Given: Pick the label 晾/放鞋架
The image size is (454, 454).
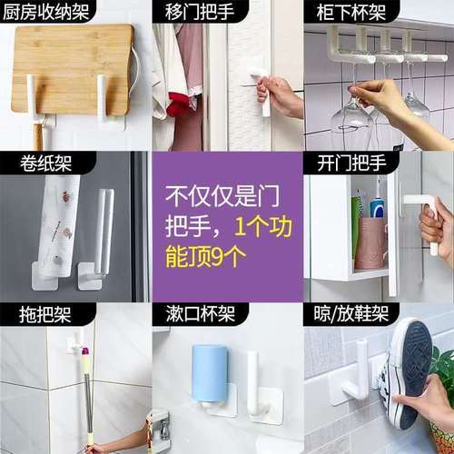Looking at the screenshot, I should pos(350,315).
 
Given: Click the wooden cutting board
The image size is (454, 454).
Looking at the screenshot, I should pos(73,68).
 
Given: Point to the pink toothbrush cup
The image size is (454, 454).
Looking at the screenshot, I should pos(371,242).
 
